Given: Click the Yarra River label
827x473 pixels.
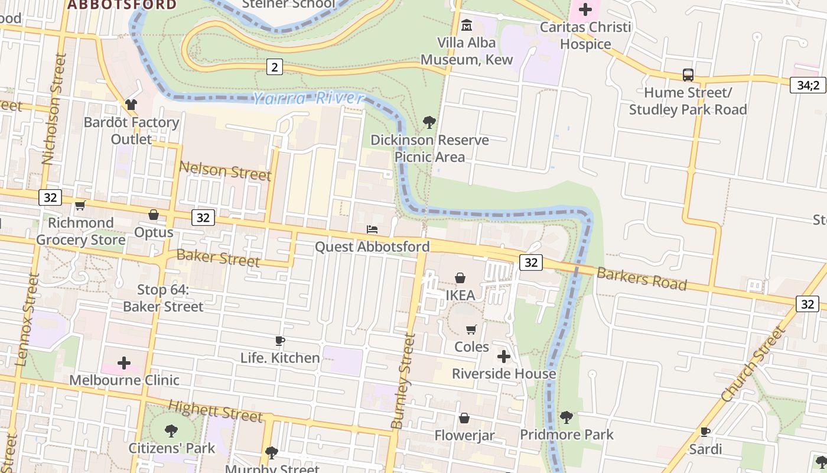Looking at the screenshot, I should pos(309,98).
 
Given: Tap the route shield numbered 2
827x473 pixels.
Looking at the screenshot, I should pos(274,67).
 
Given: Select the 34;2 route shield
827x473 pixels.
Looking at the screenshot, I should pos(808,85).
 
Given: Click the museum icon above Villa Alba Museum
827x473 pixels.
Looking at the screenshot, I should pos(467,25).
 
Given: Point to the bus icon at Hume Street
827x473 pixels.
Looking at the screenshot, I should pos(688,75).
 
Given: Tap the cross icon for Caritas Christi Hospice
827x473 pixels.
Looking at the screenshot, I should pos(585,9).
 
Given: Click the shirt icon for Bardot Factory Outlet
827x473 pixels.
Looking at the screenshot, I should pos(131,105).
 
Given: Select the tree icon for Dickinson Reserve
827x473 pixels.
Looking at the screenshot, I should pos(429,122).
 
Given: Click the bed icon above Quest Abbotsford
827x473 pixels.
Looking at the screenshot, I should pos(372,229).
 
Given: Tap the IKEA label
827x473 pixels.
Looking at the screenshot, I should pos(460,295).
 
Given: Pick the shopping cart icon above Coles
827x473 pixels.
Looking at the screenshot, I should pos(471,329).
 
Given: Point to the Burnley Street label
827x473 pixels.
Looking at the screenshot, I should pos(403,381).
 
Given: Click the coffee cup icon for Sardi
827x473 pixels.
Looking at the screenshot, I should pos(705,432).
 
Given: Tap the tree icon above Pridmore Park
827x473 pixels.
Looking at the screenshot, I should pos(566,417).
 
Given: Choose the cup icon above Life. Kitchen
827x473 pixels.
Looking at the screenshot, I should pos(280,341).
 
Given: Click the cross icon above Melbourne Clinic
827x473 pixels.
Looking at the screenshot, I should pos(124,362).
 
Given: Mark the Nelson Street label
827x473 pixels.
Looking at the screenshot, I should pos(225,171).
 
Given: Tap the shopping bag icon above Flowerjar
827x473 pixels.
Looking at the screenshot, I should pos(464,419).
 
